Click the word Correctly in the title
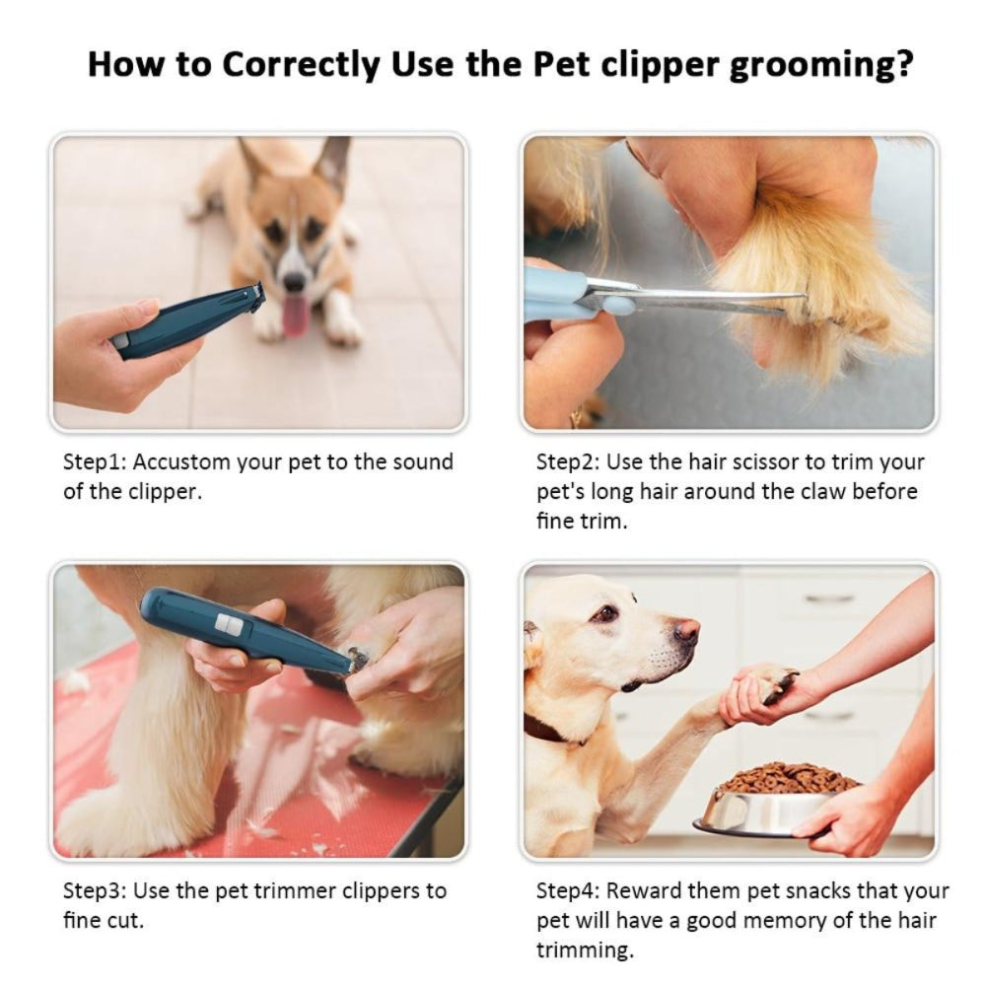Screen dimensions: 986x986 click(x=301, y=64)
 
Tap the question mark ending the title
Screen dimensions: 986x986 click(x=901, y=64)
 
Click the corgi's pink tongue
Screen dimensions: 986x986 click(x=295, y=317)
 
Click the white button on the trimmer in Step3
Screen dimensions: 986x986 click(x=230, y=623)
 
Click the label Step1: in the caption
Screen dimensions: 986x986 click(x=95, y=462)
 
